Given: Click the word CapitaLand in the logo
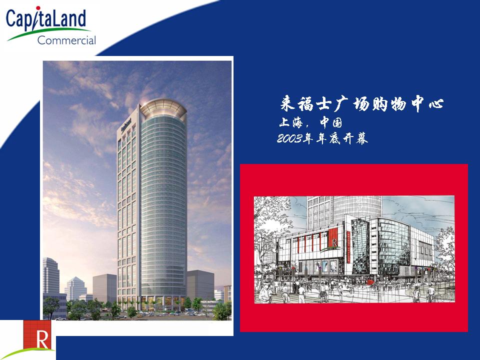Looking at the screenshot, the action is click(x=46, y=19).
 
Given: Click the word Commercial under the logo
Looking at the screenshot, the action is click(x=66, y=40).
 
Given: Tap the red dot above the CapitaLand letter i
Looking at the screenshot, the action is click(x=38, y=8).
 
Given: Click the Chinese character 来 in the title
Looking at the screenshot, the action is click(x=288, y=103).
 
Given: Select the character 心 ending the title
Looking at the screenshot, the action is click(x=436, y=103).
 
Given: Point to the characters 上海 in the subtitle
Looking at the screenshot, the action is click(x=291, y=122).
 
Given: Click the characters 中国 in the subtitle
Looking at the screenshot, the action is click(x=331, y=122).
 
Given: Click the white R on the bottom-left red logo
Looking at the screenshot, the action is click(x=42, y=338).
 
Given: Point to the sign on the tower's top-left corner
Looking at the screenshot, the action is click(x=126, y=124).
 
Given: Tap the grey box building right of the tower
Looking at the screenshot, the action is click(x=200, y=285).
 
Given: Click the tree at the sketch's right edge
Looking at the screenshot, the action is click(x=445, y=254).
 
